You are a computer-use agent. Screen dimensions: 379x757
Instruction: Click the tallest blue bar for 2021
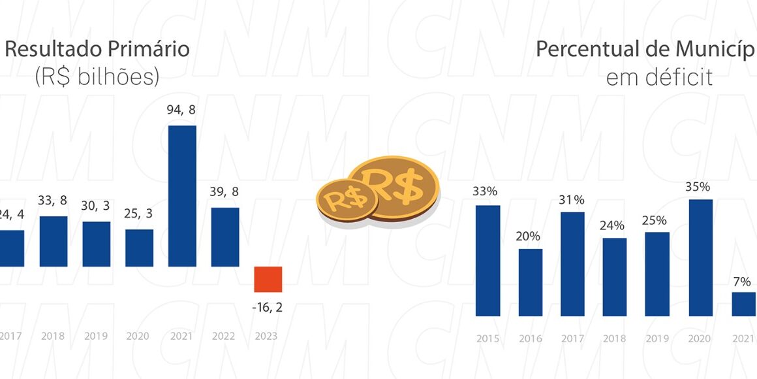(x=182, y=196)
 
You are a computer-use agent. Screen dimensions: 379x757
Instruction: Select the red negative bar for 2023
(x=268, y=279)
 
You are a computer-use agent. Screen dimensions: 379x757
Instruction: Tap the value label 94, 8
(x=182, y=110)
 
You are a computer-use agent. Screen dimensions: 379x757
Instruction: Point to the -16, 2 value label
(x=268, y=307)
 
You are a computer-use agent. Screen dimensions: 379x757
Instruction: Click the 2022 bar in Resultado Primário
(x=225, y=237)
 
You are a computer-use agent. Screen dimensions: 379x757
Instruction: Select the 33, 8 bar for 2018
(x=54, y=241)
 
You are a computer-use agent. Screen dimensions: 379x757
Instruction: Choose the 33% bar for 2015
(x=487, y=260)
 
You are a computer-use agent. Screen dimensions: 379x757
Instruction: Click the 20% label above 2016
(x=531, y=236)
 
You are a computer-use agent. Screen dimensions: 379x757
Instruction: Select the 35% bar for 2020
(x=700, y=257)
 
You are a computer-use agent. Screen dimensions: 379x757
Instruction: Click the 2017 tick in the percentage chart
(x=572, y=338)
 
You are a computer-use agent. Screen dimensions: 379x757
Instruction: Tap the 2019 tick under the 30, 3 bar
(x=97, y=337)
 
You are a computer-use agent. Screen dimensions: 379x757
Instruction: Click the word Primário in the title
(x=145, y=49)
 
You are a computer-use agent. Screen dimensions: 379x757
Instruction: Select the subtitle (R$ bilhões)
(x=97, y=77)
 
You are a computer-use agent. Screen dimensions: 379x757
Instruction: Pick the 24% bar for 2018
(x=615, y=276)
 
